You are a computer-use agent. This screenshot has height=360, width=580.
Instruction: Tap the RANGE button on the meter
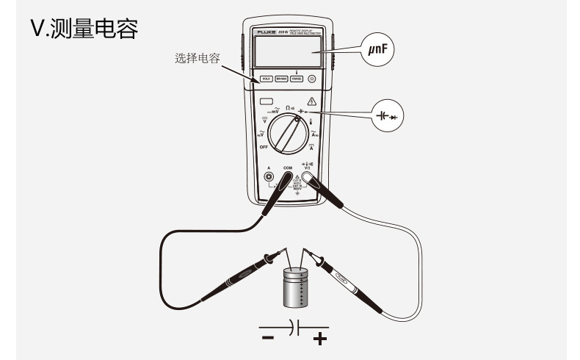coord(297,79)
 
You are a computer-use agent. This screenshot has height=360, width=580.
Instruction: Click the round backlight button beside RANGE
coord(313,79)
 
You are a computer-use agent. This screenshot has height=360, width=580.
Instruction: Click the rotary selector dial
coord(289,135)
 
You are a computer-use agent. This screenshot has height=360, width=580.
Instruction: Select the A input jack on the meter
coord(268,176)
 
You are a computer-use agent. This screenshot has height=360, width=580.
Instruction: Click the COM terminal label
coord(288,168)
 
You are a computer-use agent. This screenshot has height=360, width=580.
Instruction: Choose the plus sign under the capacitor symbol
coord(319,338)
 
